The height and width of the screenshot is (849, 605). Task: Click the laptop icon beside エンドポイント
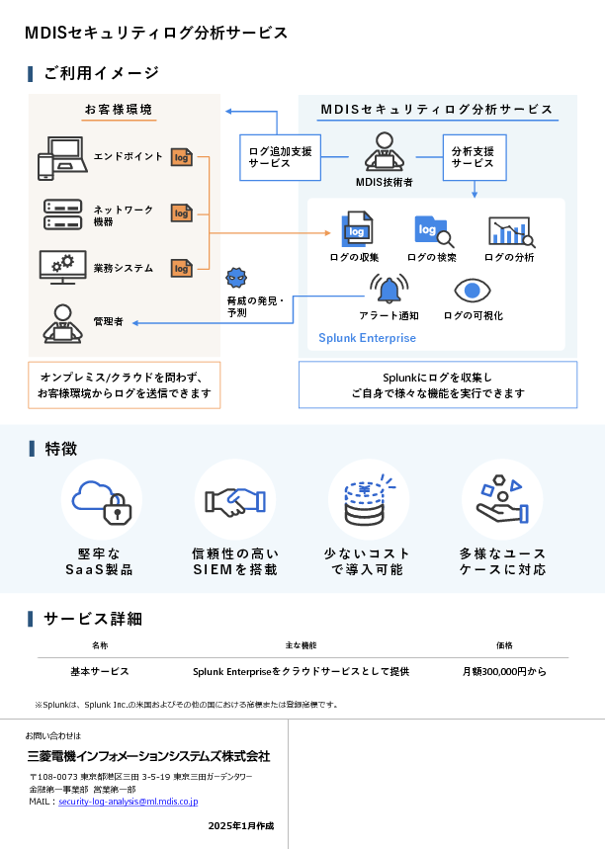coord(62,157)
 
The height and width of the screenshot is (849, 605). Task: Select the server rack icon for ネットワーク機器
coord(62,213)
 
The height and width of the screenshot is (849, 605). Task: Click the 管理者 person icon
coord(62,322)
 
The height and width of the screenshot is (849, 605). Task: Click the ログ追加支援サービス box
coord(280,157)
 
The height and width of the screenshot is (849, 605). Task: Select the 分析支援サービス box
coord(473,157)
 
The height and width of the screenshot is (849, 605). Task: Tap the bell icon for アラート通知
coord(389,290)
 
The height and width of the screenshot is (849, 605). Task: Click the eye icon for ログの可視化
coord(473,291)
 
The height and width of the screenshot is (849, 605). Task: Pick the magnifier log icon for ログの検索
coord(433,231)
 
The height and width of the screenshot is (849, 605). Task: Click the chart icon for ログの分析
coord(510,231)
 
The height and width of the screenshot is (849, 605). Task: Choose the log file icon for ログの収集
coord(356,230)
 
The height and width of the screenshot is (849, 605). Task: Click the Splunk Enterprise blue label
coord(367,338)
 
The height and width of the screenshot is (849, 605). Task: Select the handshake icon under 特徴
coord(234,501)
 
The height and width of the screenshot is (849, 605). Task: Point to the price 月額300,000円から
coord(504,672)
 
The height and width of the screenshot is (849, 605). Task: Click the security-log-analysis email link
coord(129,802)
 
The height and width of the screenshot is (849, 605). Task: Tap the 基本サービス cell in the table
coord(100,672)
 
